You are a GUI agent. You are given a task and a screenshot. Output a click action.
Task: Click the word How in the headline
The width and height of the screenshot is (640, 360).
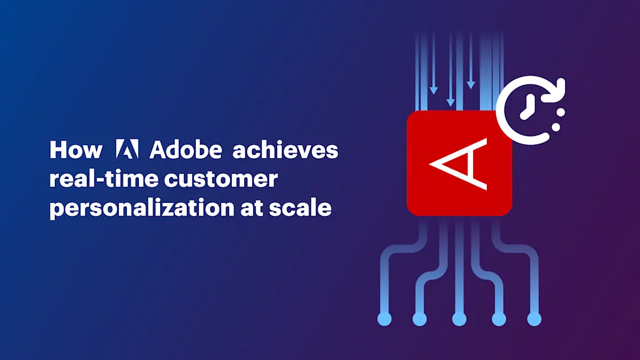(76, 150)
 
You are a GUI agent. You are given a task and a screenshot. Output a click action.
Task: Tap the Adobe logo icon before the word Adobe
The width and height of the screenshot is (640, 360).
(127, 149)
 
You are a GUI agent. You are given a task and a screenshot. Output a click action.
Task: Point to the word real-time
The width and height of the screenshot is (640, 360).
(103, 178)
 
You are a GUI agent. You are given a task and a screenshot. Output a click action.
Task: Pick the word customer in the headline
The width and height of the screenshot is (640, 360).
(221, 179)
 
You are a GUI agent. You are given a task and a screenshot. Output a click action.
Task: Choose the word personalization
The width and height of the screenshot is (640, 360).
(142, 209)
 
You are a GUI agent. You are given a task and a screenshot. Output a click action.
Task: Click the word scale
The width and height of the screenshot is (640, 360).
(300, 207)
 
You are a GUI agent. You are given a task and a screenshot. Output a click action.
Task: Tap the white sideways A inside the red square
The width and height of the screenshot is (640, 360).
(459, 163)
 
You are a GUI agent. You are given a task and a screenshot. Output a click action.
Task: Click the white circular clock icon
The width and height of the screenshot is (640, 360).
(531, 110)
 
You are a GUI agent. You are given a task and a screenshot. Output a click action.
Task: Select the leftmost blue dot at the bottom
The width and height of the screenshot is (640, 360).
(385, 319)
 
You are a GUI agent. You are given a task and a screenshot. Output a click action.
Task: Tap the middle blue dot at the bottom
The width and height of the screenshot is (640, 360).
(459, 319)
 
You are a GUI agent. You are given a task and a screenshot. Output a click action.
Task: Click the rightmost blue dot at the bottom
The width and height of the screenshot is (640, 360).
(534, 319)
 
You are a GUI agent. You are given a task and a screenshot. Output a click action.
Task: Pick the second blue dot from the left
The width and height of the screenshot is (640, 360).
(419, 319)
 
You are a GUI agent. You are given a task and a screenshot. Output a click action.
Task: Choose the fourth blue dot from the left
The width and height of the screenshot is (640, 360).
(499, 319)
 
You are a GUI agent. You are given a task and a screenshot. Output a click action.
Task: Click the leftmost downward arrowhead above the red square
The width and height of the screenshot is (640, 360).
(434, 90)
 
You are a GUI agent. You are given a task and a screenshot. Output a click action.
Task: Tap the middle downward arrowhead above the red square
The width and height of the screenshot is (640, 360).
(451, 102)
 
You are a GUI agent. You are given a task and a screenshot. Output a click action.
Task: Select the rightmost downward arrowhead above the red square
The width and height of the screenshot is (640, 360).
(471, 85)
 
